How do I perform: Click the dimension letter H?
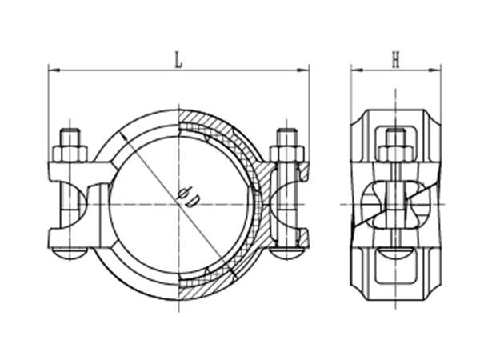pyautogui.click(x=395, y=58)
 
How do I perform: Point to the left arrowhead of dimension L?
pyautogui.click(x=53, y=70)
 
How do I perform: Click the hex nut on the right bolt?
pyautogui.click(x=286, y=153)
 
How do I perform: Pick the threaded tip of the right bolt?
pyautogui.click(x=286, y=134)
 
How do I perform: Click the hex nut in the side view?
pyautogui.click(x=395, y=153)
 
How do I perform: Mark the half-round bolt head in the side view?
pyautogui.click(x=395, y=254)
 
